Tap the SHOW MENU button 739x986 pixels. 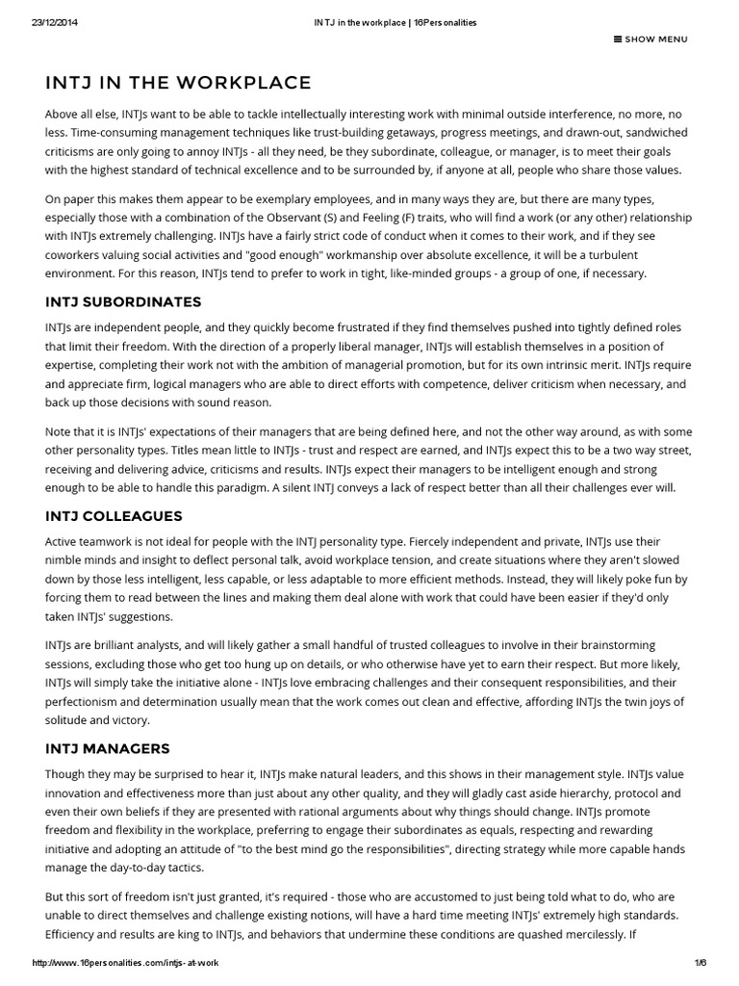pos(650,39)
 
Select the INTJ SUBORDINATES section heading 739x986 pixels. pos(123,301)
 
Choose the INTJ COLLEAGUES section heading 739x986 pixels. pos(114,516)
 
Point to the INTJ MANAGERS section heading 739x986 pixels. pos(108,747)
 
